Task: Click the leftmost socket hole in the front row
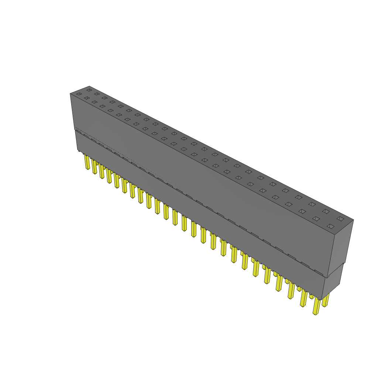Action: pyautogui.click(x=79, y=94)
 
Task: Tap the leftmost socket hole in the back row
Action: pyautogui.click(x=89, y=90)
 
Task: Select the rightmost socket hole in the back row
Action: pyautogui.click(x=340, y=219)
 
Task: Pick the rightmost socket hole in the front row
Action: pyautogui.click(x=330, y=226)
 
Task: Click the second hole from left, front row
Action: pyautogui.click(x=87, y=98)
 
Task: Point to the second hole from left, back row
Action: pyautogui.click(x=97, y=94)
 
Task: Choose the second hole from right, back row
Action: pyautogui.click(x=326, y=212)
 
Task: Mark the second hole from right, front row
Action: pyautogui.click(x=316, y=219)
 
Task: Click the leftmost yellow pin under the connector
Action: pyautogui.click(x=87, y=162)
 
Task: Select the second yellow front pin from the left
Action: pyautogui.click(x=94, y=167)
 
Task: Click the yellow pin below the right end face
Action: pyautogui.click(x=325, y=300)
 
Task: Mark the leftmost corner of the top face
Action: pyautogui.click(x=70, y=93)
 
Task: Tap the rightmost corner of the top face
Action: pyautogui.click(x=353, y=220)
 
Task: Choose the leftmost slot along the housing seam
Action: pyautogui.click(x=78, y=131)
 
